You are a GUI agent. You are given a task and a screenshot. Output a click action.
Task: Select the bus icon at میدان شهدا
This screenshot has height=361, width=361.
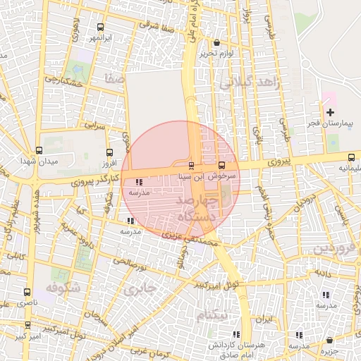coord(39,150)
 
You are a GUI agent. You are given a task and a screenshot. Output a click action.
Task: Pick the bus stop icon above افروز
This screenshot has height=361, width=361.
coord(109,152)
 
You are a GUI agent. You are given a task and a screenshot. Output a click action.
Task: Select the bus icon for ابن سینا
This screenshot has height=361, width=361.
coord(191,165)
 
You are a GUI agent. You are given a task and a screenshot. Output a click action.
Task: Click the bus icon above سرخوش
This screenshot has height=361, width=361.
coord(221,165)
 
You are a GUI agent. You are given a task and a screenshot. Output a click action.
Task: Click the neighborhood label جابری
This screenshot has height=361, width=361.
coord(139,289)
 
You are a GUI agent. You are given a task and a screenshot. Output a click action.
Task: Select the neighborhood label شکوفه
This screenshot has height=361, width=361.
coord(62,288)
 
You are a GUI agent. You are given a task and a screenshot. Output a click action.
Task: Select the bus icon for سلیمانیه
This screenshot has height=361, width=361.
coord(352,157)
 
